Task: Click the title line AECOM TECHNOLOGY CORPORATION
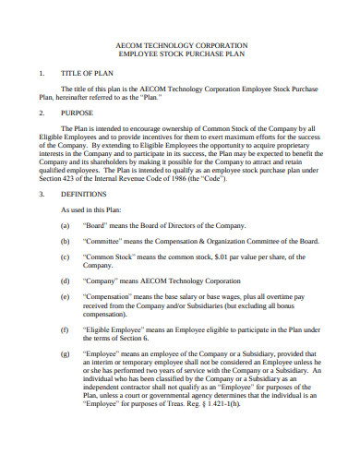(x=179, y=44)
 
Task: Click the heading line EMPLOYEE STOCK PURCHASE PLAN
(x=179, y=54)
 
